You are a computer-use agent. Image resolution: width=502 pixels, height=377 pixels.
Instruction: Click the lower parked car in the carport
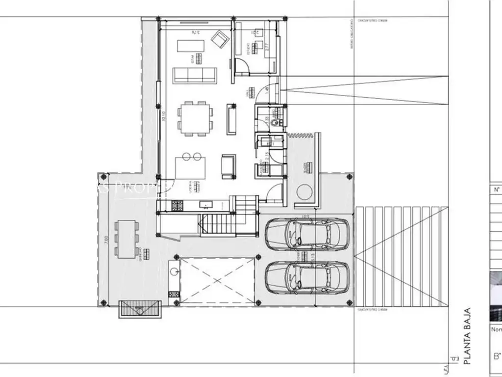pyautogui.click(x=307, y=277)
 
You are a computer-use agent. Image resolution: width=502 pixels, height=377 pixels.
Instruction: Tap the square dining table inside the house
pyautogui.click(x=195, y=118)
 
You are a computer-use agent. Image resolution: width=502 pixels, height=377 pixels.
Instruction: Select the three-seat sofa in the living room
pyautogui.click(x=195, y=75)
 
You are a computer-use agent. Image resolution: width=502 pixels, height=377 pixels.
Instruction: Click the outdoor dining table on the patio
pyautogui.click(x=126, y=239)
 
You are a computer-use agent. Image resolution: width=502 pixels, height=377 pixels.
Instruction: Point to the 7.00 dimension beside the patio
pyautogui.click(x=106, y=240)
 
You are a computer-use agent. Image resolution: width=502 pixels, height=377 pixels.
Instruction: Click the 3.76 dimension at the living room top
pyautogui.click(x=195, y=32)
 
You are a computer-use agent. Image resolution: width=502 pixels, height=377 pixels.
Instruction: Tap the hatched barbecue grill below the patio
pyautogui.click(x=140, y=310)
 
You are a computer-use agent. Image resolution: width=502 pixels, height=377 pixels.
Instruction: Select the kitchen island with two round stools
pyautogui.click(x=191, y=167)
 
